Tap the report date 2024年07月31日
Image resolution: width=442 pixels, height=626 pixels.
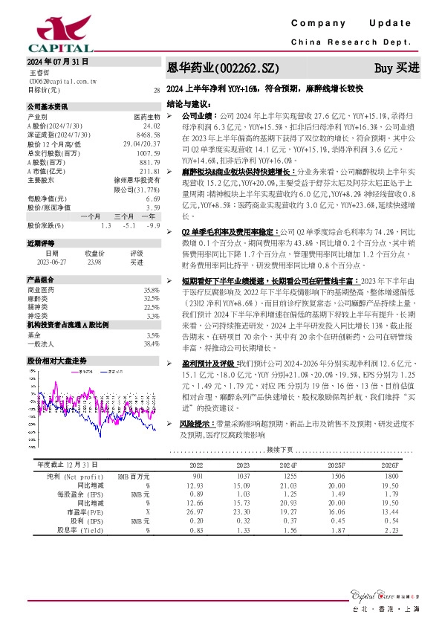(x=59, y=61)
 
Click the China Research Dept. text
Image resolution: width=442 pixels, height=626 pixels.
(x=357, y=42)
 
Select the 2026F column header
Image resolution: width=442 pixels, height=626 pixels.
(x=389, y=464)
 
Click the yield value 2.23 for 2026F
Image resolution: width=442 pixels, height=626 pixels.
(x=391, y=530)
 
